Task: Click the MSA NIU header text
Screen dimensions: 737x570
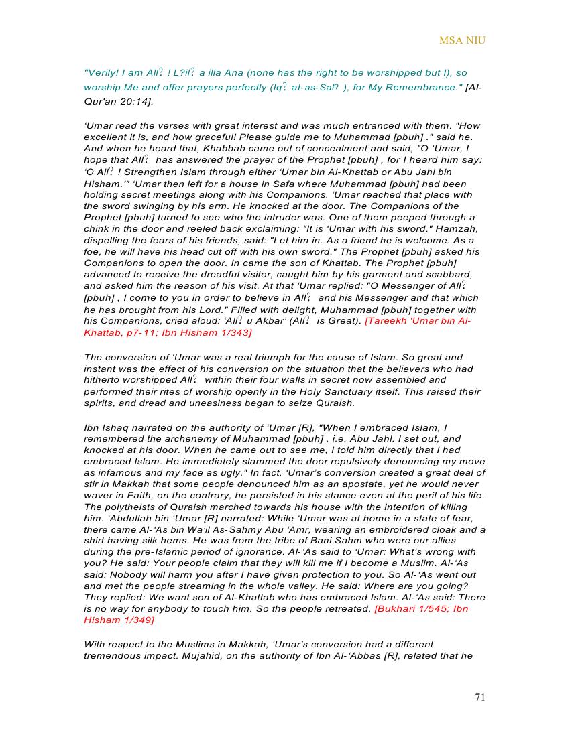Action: (x=462, y=40)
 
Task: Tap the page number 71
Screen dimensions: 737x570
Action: (x=480, y=697)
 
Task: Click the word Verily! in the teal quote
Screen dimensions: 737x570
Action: (x=102, y=73)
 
